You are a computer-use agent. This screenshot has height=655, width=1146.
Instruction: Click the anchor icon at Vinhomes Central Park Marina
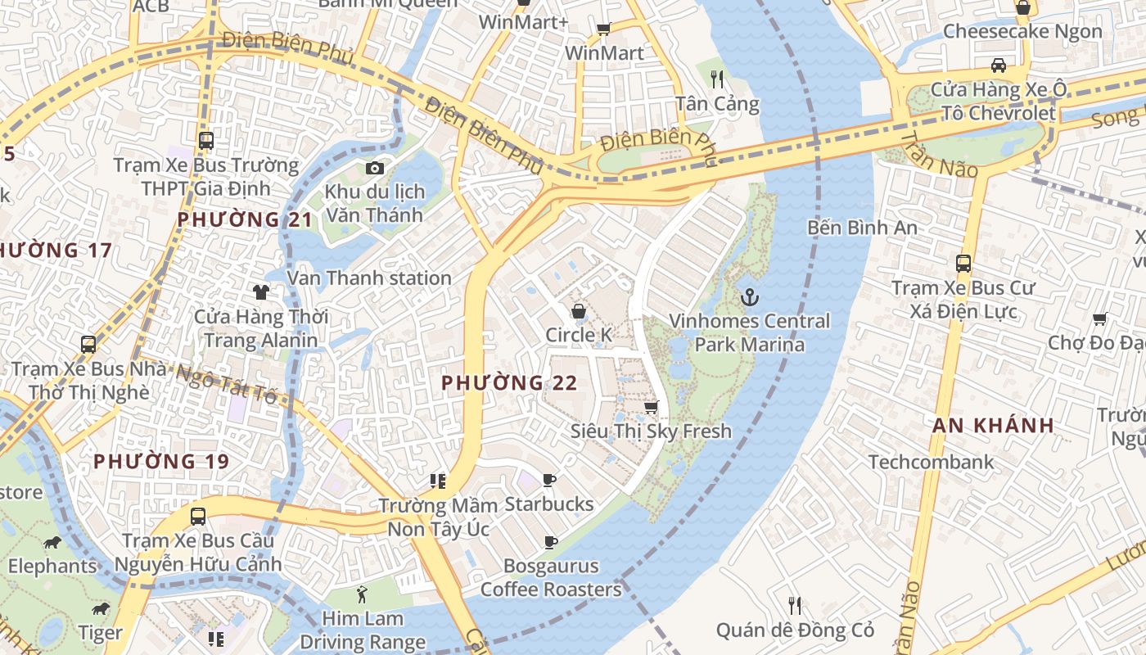(x=749, y=296)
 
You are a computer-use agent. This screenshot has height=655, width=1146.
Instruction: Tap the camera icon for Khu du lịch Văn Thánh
(x=375, y=168)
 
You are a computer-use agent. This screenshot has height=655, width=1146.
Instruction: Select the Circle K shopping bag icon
(x=579, y=311)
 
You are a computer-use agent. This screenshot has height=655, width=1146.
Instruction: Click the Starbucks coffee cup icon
(x=549, y=480)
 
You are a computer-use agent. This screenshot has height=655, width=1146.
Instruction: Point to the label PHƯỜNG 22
(x=509, y=382)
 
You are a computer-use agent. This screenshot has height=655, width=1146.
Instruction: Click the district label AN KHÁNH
(x=993, y=425)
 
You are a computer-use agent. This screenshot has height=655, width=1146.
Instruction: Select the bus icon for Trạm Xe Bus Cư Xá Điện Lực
(x=963, y=264)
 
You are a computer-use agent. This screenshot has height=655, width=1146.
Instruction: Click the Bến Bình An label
(x=862, y=228)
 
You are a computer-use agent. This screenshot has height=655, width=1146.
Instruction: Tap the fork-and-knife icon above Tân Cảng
(x=717, y=79)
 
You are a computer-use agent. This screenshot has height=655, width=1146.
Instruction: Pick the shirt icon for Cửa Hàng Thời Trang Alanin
(x=260, y=291)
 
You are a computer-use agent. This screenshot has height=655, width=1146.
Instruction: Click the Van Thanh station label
(x=369, y=278)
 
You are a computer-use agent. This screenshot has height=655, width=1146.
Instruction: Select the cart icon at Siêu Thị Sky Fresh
(x=652, y=407)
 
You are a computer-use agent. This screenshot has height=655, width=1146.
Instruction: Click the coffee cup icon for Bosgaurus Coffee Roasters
(x=551, y=542)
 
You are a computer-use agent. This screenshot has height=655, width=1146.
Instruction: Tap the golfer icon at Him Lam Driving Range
(x=363, y=594)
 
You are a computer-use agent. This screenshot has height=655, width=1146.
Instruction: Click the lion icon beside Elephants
(x=52, y=542)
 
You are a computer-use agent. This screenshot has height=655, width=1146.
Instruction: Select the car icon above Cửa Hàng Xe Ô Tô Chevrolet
(x=998, y=65)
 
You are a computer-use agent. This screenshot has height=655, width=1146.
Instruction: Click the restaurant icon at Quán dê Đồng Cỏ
(x=794, y=606)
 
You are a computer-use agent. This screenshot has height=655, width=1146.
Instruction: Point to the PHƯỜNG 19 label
(x=161, y=461)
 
